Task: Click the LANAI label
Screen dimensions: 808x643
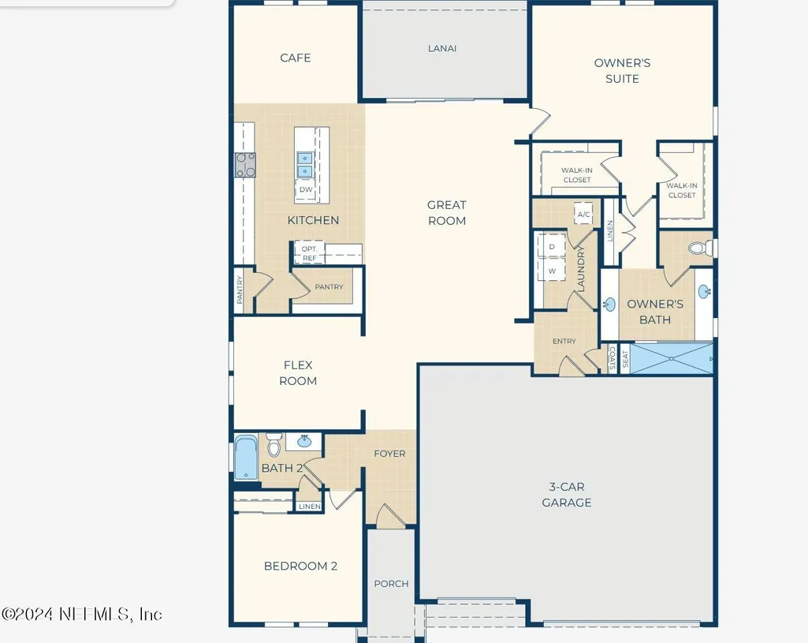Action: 442,48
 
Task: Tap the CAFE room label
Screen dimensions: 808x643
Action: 296,58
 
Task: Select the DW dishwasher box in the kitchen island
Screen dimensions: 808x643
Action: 306,189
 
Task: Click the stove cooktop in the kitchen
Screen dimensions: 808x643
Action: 245,165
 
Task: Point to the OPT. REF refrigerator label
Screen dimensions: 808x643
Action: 309,253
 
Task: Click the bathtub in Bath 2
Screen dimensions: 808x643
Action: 246,458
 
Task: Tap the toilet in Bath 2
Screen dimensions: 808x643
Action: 274,444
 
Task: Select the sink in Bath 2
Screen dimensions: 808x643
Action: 303,441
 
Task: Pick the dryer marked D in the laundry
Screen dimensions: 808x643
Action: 552,246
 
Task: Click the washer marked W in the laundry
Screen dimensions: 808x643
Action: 552,270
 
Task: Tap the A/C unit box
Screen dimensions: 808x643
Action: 583,214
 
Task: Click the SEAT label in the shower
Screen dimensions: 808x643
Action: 625,358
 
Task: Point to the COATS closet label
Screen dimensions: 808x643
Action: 613,358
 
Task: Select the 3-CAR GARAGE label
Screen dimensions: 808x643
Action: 566,495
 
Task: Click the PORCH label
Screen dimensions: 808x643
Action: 391,584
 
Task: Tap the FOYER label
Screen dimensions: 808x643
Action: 389,454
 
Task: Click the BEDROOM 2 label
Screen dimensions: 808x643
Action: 300,566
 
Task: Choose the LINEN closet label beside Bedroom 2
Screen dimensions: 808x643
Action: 310,507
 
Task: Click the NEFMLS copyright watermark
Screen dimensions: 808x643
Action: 81,614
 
